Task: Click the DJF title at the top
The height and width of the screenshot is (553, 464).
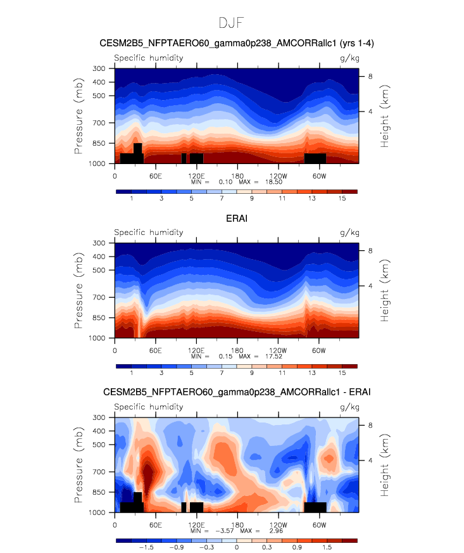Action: pyautogui.click(x=231, y=23)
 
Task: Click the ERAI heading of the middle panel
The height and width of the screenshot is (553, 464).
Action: pyautogui.click(x=237, y=219)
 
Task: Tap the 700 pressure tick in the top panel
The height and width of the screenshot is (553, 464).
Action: pyautogui.click(x=99, y=123)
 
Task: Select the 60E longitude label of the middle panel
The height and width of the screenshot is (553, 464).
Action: pyautogui.click(x=155, y=350)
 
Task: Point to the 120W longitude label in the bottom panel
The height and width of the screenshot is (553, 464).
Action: pyautogui.click(x=279, y=524)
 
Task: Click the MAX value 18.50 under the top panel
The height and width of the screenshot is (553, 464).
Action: pyautogui.click(x=273, y=182)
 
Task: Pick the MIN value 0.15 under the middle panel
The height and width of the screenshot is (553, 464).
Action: pyautogui.click(x=225, y=356)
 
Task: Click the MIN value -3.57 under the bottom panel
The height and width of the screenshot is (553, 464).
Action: pyautogui.click(x=224, y=531)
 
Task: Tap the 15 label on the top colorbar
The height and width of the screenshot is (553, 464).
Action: pyautogui.click(x=342, y=198)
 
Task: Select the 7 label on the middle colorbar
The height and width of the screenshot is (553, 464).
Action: pyautogui.click(x=222, y=372)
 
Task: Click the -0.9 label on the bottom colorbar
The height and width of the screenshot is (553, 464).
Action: pyautogui.click(x=176, y=547)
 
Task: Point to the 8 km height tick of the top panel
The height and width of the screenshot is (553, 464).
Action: pyautogui.click(x=370, y=77)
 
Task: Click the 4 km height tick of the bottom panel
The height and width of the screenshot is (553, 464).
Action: pyautogui.click(x=370, y=461)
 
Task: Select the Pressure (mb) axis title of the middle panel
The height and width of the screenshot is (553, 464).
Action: pyautogui.click(x=78, y=291)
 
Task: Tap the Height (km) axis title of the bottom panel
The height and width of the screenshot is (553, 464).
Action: pyautogui.click(x=384, y=465)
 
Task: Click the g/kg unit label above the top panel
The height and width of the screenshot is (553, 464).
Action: pyautogui.click(x=349, y=58)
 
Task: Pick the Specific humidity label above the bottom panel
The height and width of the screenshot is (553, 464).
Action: pyautogui.click(x=149, y=407)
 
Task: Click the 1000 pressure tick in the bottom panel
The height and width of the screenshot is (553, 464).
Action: pyautogui.click(x=97, y=512)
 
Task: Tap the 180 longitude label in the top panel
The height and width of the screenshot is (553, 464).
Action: pyautogui.click(x=237, y=176)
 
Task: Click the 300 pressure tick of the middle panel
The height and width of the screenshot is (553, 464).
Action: pyautogui.click(x=99, y=243)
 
